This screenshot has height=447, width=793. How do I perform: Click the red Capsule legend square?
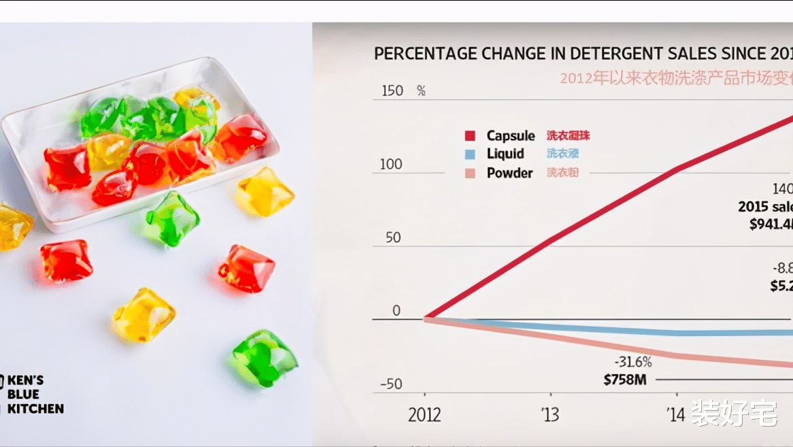(469, 136)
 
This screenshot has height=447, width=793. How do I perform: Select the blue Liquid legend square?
(469, 154)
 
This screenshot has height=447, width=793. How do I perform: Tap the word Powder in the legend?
(509, 173)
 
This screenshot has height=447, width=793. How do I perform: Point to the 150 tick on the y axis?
(392, 91)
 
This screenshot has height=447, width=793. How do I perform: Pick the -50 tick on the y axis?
(390, 384)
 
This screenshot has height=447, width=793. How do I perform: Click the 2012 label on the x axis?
(424, 415)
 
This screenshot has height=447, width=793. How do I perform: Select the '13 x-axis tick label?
(551, 415)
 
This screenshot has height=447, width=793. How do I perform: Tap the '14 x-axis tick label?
(677, 415)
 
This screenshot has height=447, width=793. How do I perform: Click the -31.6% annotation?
(632, 362)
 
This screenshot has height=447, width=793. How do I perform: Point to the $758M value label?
(624, 380)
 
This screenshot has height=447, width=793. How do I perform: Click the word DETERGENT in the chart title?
(618, 54)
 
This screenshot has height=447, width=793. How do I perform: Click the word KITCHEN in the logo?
(35, 409)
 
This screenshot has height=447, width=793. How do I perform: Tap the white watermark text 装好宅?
(735, 413)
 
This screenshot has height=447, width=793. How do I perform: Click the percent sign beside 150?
(421, 91)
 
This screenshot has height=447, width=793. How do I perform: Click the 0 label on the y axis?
(397, 311)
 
